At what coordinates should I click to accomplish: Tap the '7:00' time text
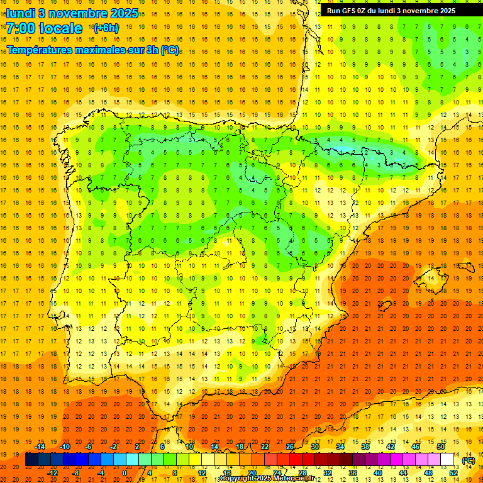tap(21, 28)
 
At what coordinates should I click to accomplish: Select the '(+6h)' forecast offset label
tap(105, 28)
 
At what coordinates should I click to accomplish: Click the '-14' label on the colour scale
tap(40, 447)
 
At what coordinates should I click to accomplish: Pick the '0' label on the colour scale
tap(125, 472)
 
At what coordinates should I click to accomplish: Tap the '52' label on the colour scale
tap(453, 472)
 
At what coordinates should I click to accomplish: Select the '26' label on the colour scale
tap(289, 447)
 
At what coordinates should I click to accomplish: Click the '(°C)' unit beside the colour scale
tap(468, 460)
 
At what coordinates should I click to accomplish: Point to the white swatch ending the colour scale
tap(447, 460)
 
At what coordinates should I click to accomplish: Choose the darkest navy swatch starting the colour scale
tap(31, 460)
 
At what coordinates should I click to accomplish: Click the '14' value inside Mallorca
tap(430, 278)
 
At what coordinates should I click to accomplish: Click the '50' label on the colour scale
tap(441, 447)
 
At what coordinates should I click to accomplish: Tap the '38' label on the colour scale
tap(365, 447)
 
